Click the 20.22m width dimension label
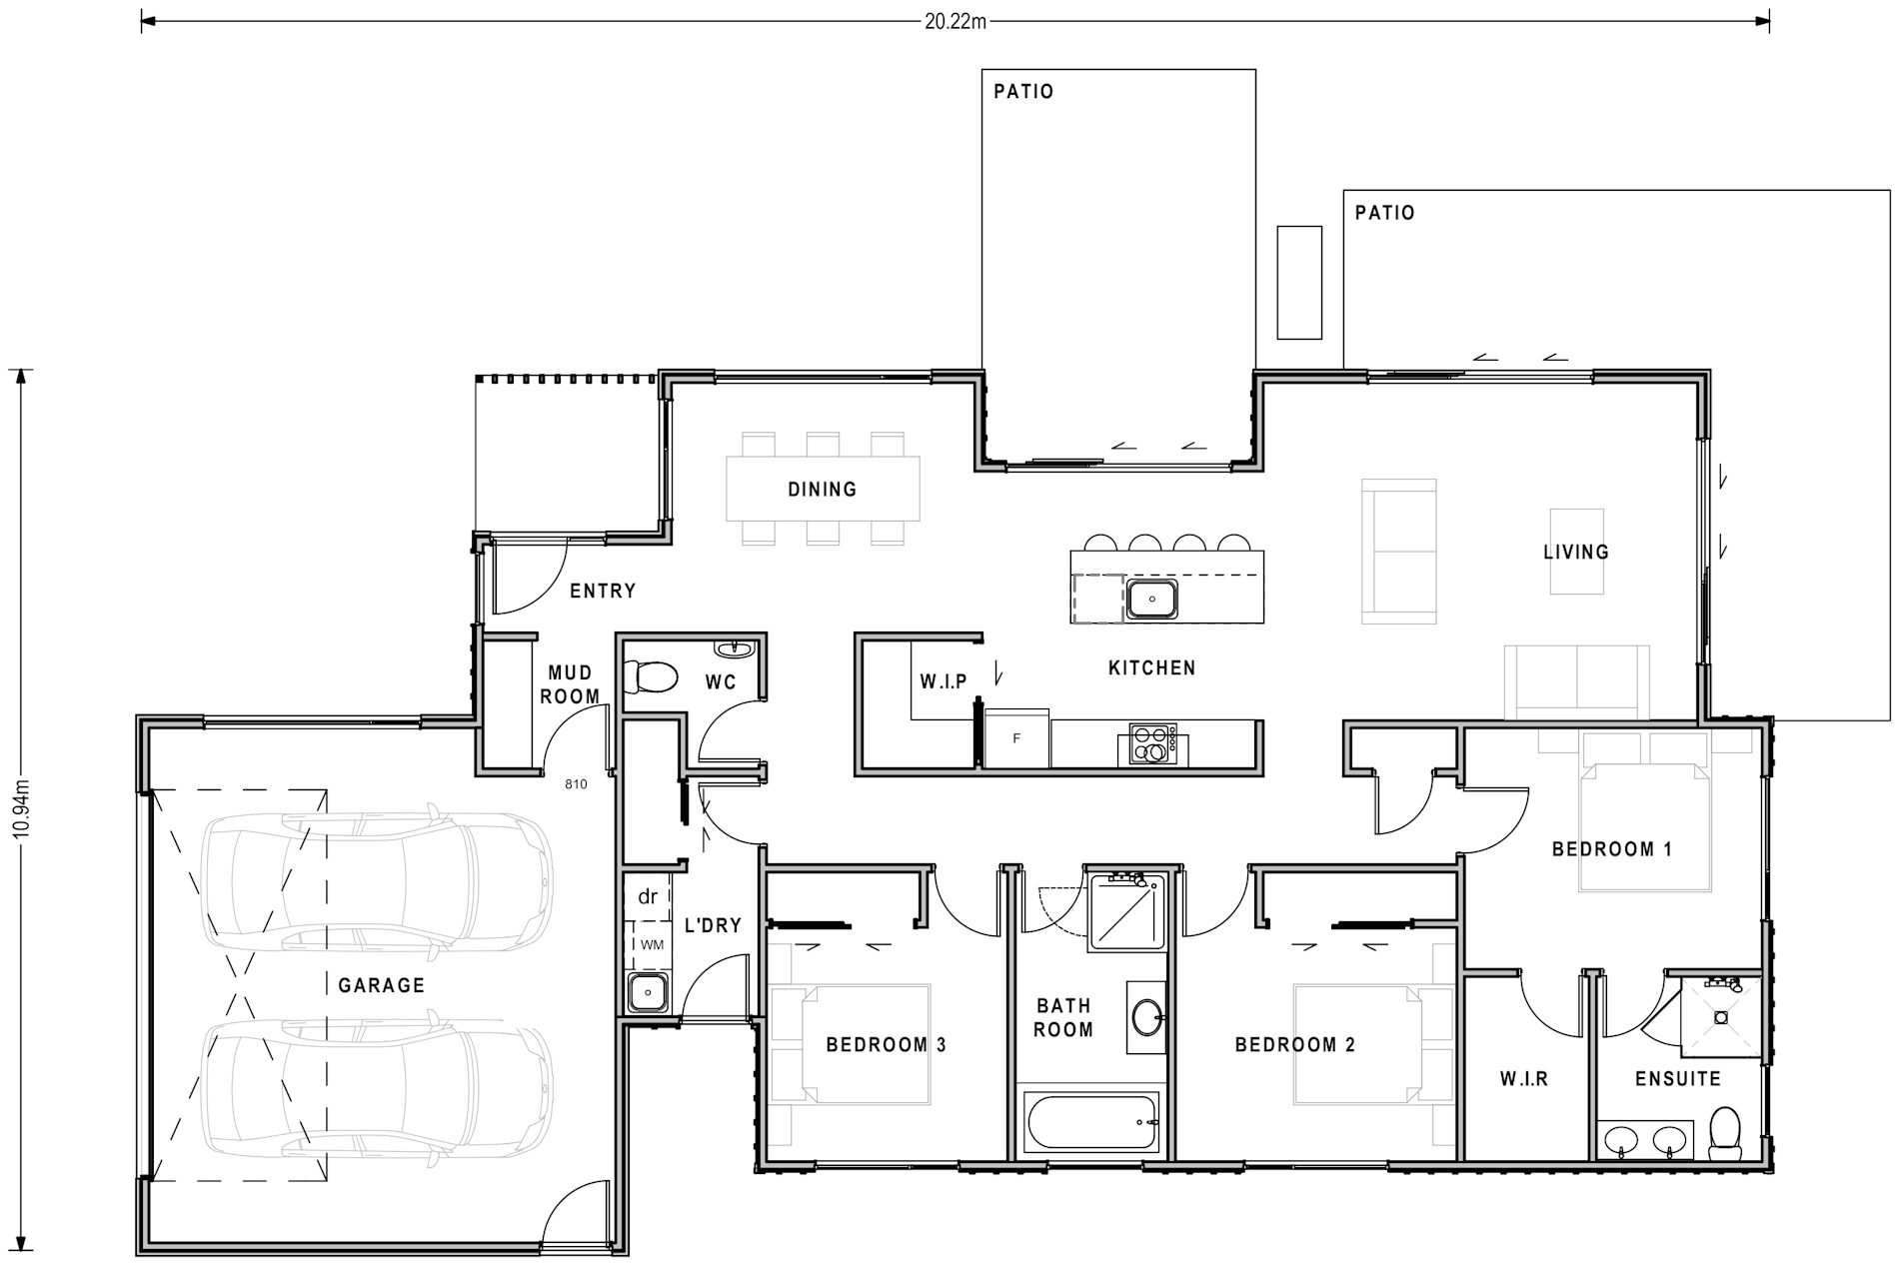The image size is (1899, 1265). point(954,21)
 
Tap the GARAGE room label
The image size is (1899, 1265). point(382,985)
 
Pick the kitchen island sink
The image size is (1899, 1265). point(1152,600)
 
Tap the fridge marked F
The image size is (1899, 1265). point(1017,738)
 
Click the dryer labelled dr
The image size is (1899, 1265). point(648,896)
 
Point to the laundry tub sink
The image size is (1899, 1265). point(649,993)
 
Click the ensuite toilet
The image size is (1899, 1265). point(1726,1132)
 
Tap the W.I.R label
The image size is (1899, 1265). point(1524,1079)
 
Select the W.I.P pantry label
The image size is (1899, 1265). point(944,681)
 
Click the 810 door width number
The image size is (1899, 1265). point(576,784)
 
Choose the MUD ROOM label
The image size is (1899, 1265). point(570,684)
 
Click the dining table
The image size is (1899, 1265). point(823,489)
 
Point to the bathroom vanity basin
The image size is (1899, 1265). point(1147,1018)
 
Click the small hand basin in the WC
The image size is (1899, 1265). point(740,647)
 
